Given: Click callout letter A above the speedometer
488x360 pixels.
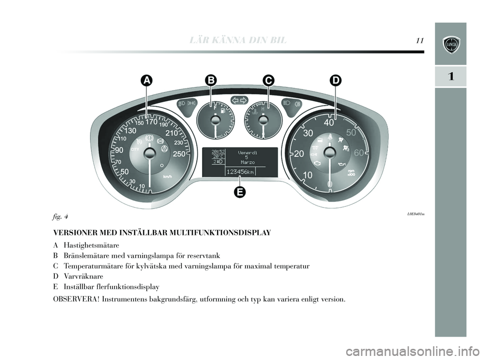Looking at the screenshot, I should (146, 80).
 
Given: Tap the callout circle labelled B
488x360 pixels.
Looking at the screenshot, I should (210, 80).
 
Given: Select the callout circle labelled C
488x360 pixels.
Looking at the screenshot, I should (268, 80).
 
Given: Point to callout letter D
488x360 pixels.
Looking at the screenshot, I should (335, 80).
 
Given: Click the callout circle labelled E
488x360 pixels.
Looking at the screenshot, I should (239, 192).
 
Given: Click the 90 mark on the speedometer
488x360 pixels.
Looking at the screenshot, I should (120, 151).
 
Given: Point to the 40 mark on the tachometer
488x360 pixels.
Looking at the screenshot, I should (329, 123).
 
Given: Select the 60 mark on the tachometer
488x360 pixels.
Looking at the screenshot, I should (359, 153).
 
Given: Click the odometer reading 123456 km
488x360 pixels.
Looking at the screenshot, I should (240, 172).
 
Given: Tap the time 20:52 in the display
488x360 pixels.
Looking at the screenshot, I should (218, 151).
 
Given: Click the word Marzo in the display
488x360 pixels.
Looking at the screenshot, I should (246, 162).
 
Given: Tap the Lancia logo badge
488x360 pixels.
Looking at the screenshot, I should (451, 44).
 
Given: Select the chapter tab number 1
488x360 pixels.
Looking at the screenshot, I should (450, 77).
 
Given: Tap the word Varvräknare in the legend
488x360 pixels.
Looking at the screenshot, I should (83, 276).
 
